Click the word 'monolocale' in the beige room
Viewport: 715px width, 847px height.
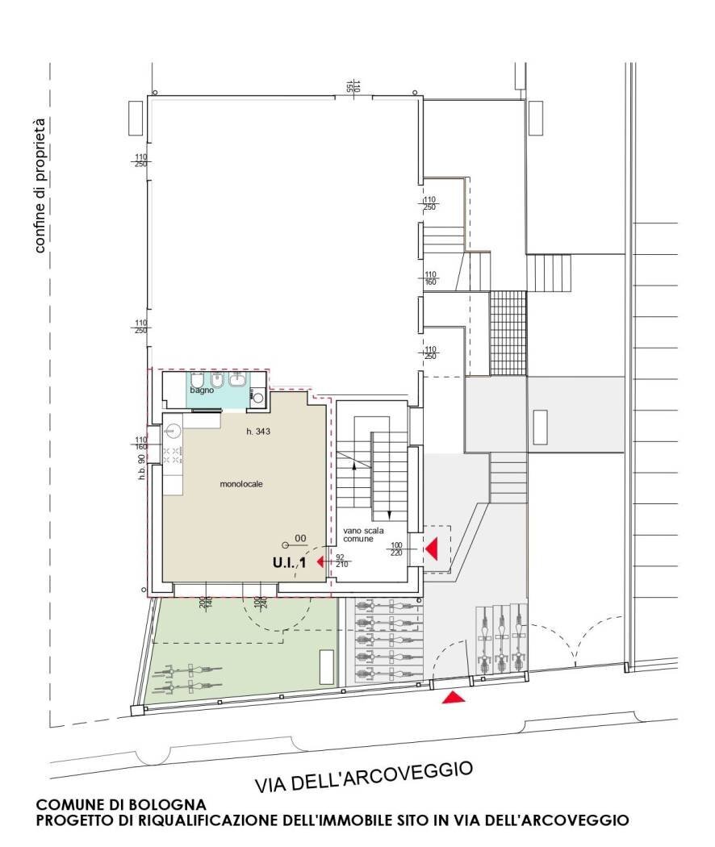242,484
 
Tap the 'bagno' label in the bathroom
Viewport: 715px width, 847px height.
202,390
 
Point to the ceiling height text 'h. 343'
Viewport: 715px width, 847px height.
257,432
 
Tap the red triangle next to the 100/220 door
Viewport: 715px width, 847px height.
431,549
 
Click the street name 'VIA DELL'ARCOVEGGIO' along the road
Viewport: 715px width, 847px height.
363,776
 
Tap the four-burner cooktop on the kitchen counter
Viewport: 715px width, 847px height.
172,454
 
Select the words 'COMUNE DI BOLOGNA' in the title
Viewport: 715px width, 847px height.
121,805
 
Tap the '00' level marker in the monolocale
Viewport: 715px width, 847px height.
299,538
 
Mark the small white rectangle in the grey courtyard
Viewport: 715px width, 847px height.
541,427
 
